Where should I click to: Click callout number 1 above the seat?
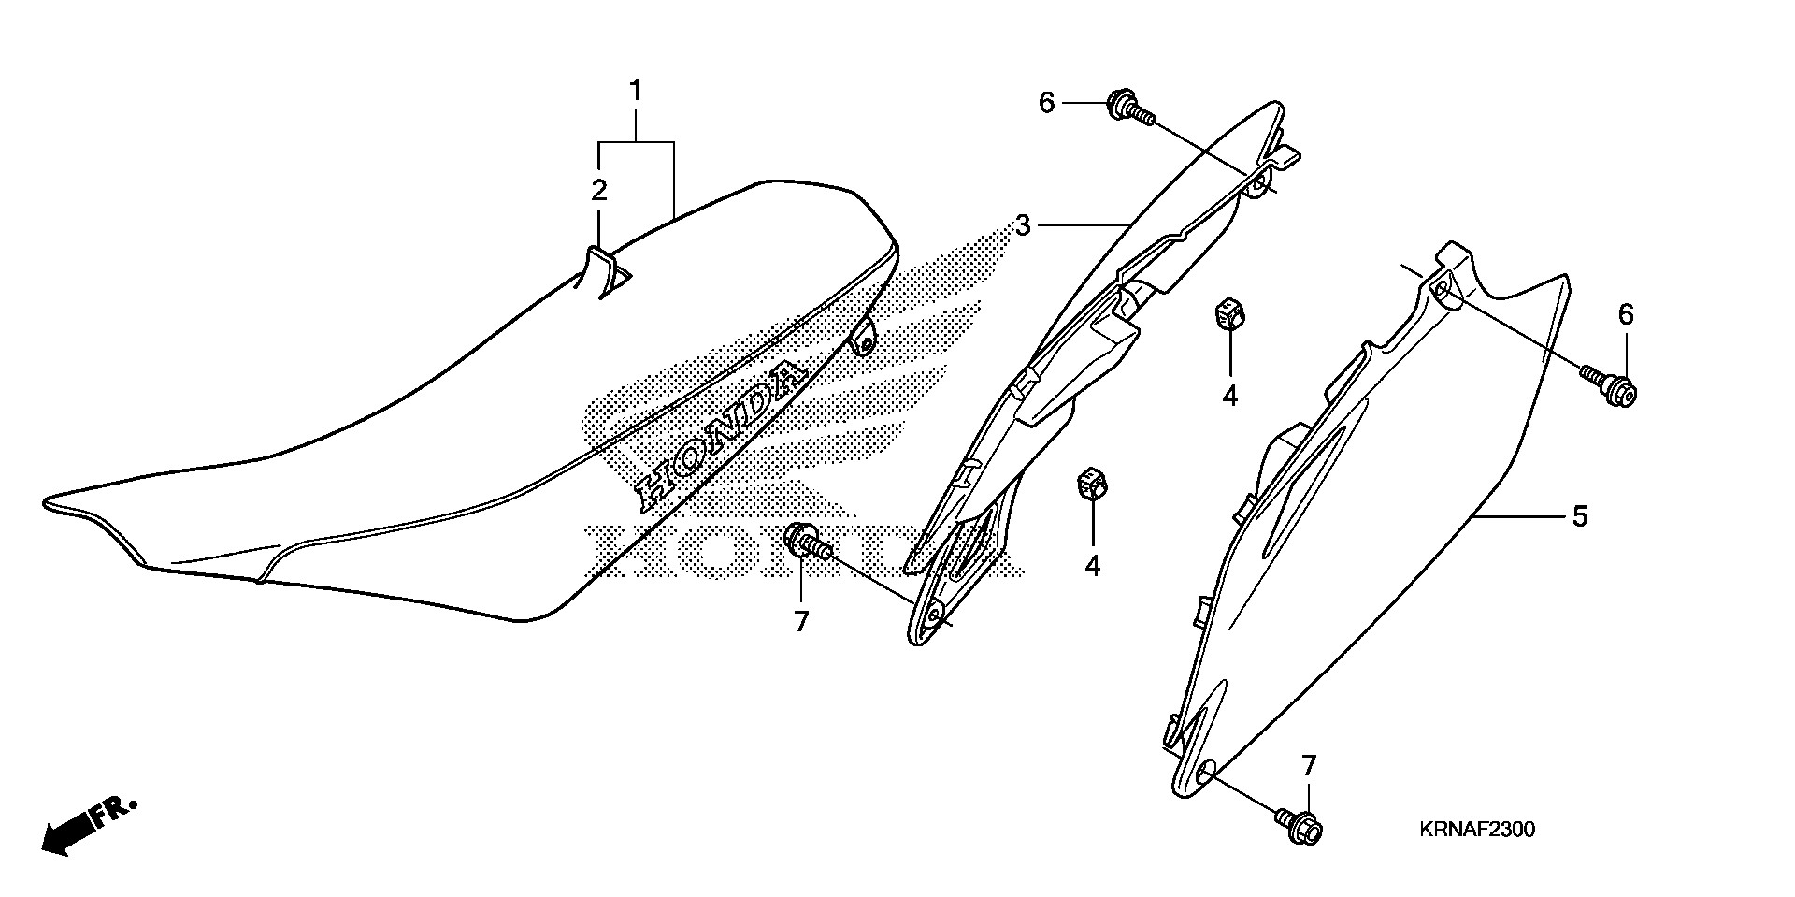point(636,92)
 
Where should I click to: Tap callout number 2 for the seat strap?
point(598,191)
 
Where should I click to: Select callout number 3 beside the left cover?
point(1024,225)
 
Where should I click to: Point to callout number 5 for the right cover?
point(1579,516)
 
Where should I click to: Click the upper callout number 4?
point(1229,396)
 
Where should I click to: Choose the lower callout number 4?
point(1092,566)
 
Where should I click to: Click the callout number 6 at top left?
point(1046,103)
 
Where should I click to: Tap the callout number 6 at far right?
point(1626,315)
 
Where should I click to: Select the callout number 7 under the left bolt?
point(801,622)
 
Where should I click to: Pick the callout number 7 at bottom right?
point(1308,767)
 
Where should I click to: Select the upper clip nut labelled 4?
point(1228,314)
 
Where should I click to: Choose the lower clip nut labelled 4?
point(1090,484)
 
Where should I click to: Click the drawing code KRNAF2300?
point(1476,830)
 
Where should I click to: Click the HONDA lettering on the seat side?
point(720,435)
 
